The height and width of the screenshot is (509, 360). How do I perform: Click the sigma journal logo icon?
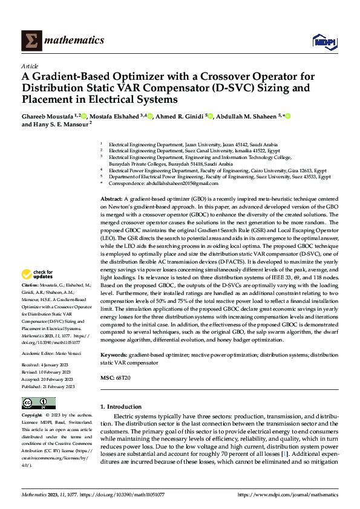pyautogui.click(x=30, y=41)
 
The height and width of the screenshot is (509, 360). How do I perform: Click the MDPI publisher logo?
pyautogui.click(x=322, y=41)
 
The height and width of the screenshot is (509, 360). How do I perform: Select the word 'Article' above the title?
pyautogui.click(x=30, y=66)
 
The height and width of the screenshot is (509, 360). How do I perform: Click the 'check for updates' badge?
pyautogui.click(x=38, y=274)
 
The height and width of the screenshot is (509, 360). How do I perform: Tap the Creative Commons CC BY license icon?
pyautogui.click(x=38, y=403)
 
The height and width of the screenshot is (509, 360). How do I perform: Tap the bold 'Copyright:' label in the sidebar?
pyautogui.click(x=33, y=416)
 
